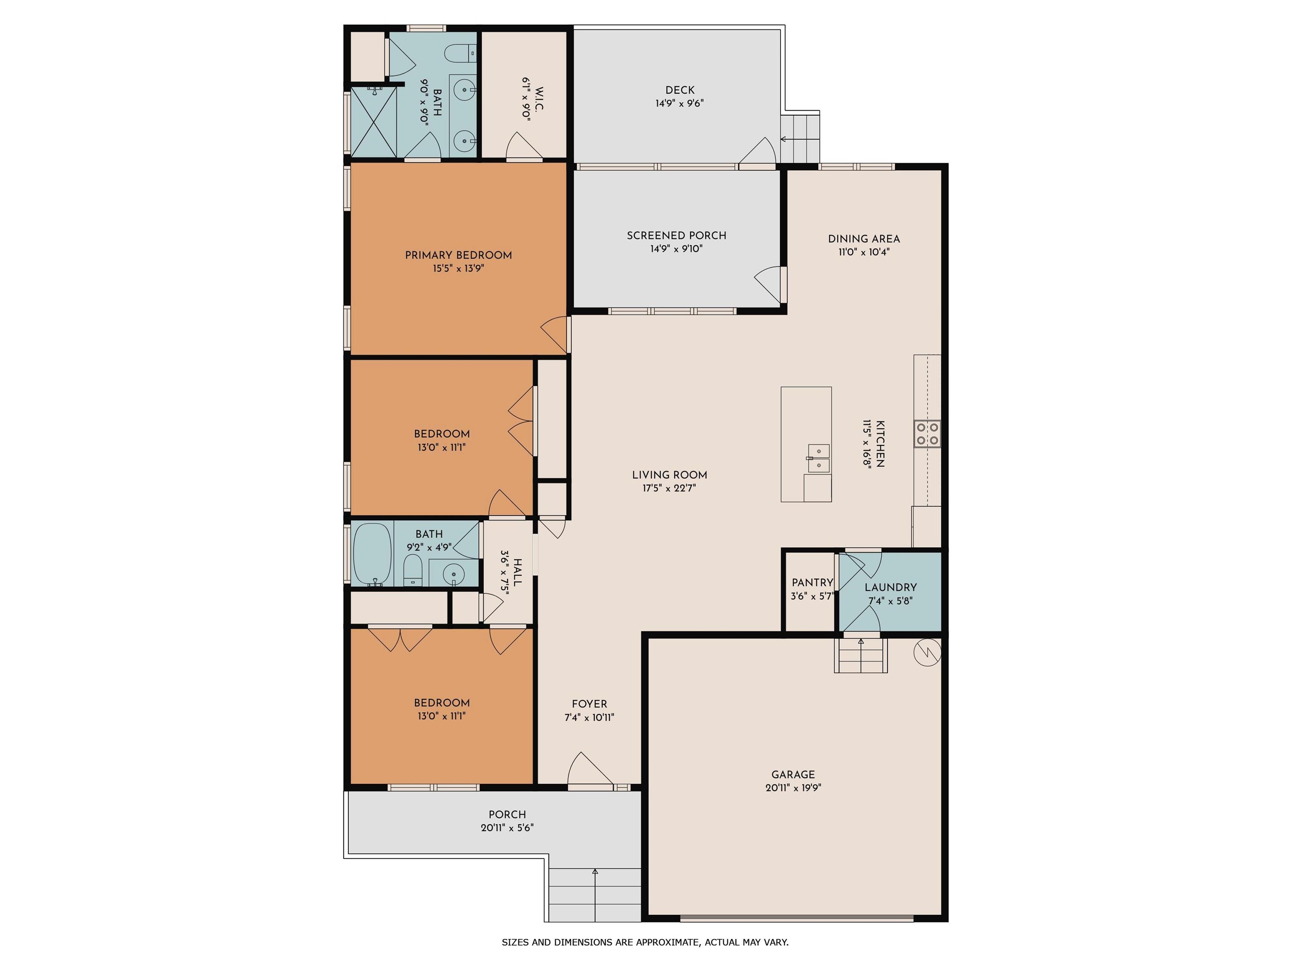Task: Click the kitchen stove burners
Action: coord(927,434)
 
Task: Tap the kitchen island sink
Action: coord(819,458)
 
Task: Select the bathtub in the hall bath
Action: coord(372,554)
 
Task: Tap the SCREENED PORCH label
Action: coord(677,236)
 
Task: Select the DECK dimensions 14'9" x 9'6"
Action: coord(680,103)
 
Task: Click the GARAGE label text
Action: coord(793,775)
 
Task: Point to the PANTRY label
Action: coord(812,582)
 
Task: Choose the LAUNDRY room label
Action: coord(891,587)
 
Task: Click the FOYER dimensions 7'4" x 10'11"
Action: coord(590,717)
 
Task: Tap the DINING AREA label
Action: coord(864,239)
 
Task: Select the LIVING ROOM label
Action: coord(669,475)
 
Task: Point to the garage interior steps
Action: coord(861,655)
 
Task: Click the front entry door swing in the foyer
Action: coord(590,770)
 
